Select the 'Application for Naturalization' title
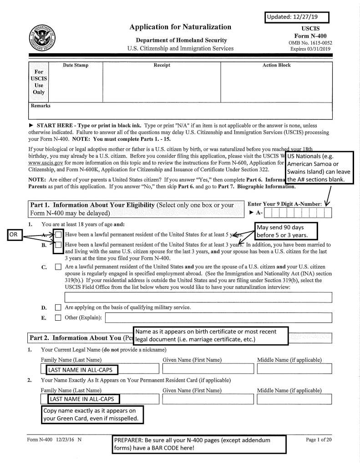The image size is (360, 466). click(x=180, y=27)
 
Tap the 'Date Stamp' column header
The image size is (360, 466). click(x=76, y=65)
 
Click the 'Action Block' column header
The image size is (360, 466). click(x=276, y=65)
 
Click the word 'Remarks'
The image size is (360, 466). click(x=41, y=106)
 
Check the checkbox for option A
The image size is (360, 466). click(x=59, y=235)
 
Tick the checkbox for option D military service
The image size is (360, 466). click(x=58, y=307)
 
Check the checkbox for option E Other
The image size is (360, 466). click(x=58, y=317)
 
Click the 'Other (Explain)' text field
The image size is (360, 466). click(x=218, y=317)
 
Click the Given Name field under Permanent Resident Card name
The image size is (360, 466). click(x=207, y=399)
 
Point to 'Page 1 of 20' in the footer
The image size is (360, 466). click(x=319, y=440)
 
